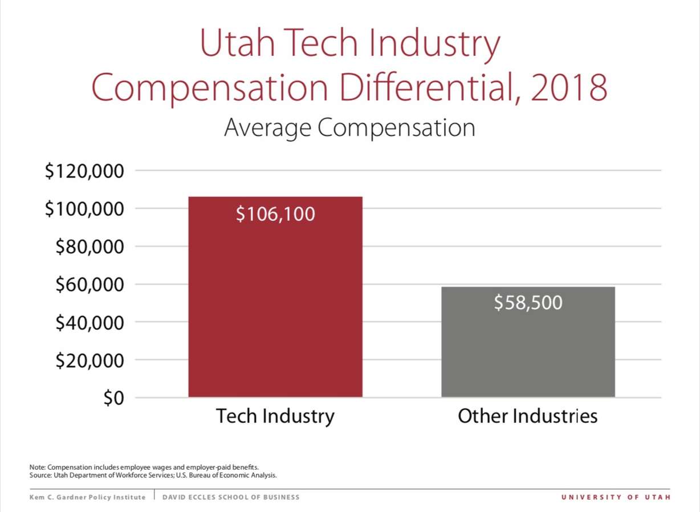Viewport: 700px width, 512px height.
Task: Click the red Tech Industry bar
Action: [275, 308]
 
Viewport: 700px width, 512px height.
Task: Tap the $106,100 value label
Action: [275, 214]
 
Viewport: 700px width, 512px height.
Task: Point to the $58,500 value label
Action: [528, 303]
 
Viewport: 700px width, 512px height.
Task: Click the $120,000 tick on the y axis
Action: [84, 171]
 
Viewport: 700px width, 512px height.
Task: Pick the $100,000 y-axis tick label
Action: [84, 209]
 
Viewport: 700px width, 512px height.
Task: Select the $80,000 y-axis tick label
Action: [89, 247]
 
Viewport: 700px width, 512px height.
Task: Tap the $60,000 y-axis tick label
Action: [89, 284]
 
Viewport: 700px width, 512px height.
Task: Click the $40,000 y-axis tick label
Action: [89, 322]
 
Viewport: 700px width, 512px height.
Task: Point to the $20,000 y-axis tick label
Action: [89, 360]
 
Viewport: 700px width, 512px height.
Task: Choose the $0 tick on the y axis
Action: [113, 398]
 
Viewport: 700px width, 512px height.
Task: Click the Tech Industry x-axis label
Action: [275, 416]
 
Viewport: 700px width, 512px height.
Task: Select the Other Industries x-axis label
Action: [528, 416]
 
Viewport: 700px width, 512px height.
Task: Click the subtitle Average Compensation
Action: [349, 127]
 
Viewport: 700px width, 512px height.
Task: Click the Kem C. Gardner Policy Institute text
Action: [87, 497]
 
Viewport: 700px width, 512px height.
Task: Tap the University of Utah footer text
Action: [616, 497]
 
